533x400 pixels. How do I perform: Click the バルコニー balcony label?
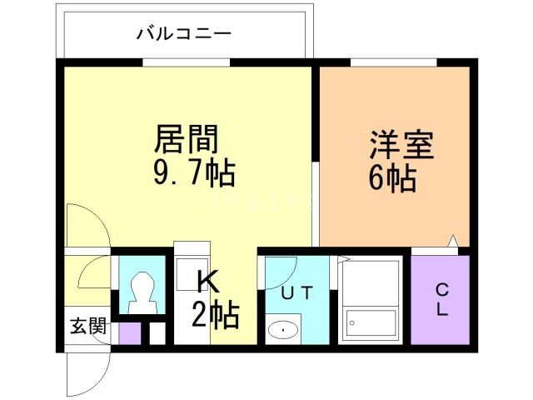pos(184,34)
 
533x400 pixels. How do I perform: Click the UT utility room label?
pos(296,292)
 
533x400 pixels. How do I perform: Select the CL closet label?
pos(441,301)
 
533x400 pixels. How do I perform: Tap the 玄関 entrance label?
pos(87,326)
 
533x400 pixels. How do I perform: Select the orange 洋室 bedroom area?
pos(391,208)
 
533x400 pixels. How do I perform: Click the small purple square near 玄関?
pos(130,332)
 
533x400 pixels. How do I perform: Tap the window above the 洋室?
pos(392,62)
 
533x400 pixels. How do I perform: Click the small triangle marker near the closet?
pos(452,242)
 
